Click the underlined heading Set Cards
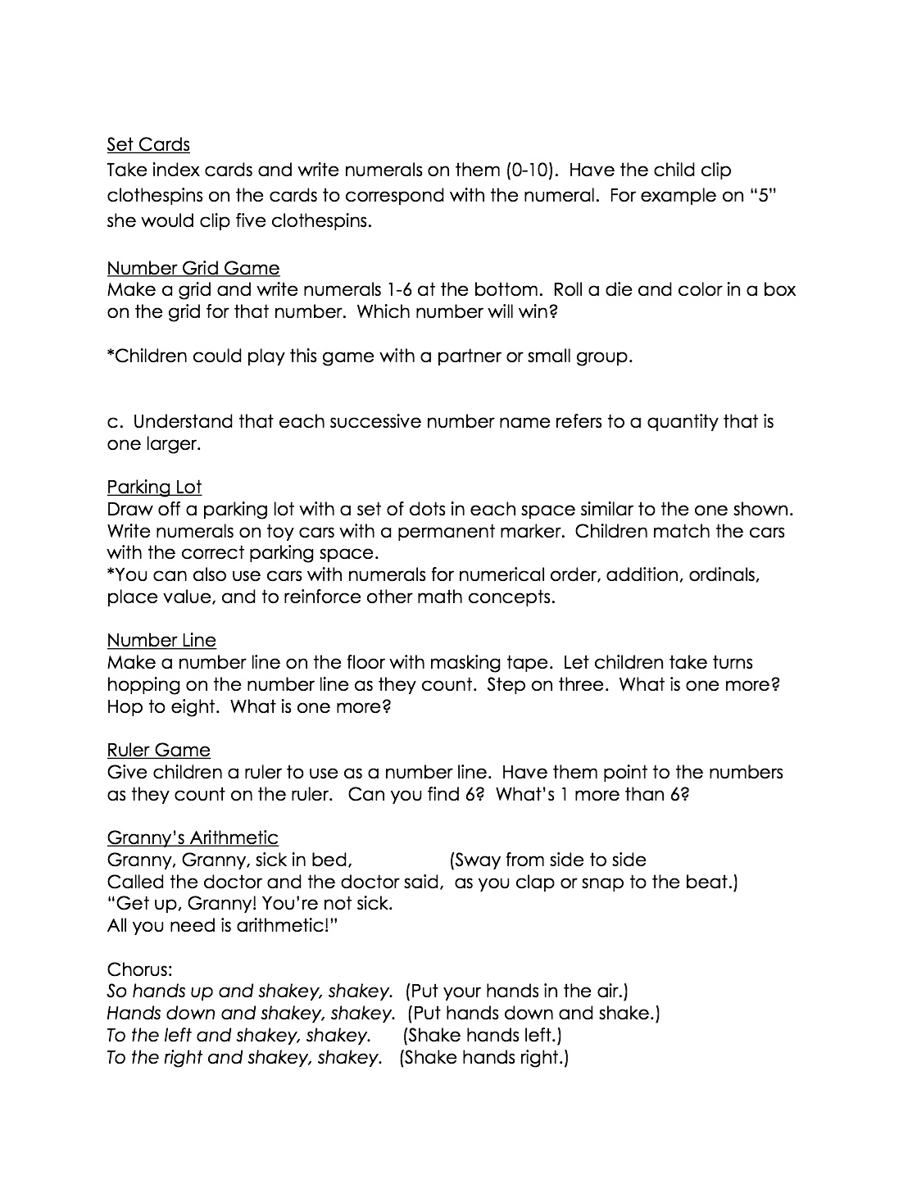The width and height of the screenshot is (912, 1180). [x=148, y=145]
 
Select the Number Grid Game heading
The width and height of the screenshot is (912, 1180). [x=193, y=268]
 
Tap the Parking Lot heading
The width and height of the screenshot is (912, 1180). [x=154, y=488]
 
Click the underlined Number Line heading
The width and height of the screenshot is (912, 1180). [x=161, y=640]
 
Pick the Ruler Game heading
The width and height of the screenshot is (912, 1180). [x=158, y=750]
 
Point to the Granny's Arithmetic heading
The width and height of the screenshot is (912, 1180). [x=193, y=837]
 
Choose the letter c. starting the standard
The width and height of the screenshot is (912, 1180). [x=115, y=422]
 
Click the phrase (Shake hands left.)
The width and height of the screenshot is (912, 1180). [x=483, y=1036]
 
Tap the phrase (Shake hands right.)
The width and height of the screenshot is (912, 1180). [x=483, y=1058]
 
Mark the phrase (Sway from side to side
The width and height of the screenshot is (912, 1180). [x=547, y=860]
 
